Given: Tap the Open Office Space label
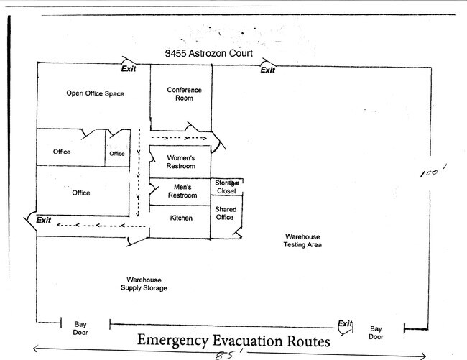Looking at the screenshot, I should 96,93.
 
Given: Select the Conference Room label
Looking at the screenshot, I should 184,93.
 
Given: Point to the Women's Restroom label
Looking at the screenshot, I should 180,162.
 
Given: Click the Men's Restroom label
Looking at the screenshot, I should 182,191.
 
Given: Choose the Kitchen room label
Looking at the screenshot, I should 180,218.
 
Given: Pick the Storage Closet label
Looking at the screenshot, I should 227,187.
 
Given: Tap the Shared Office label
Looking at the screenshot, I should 226,213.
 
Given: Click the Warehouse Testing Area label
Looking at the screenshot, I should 302,241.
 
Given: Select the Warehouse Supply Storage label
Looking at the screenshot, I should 144,284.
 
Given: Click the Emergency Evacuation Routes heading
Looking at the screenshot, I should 233,340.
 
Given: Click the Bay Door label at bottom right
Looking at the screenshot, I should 376,332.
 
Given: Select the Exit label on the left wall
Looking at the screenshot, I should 43,220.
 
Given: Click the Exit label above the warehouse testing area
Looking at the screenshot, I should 267,70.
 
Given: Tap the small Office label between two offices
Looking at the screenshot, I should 116,154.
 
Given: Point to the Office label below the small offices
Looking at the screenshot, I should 81,193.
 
